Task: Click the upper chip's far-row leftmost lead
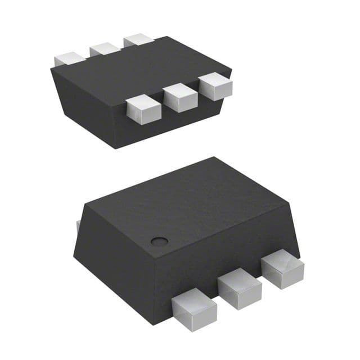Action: click(x=69, y=58)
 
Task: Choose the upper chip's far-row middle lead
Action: click(x=105, y=49)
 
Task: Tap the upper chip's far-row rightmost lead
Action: click(x=138, y=40)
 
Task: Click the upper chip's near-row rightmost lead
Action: click(x=215, y=87)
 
